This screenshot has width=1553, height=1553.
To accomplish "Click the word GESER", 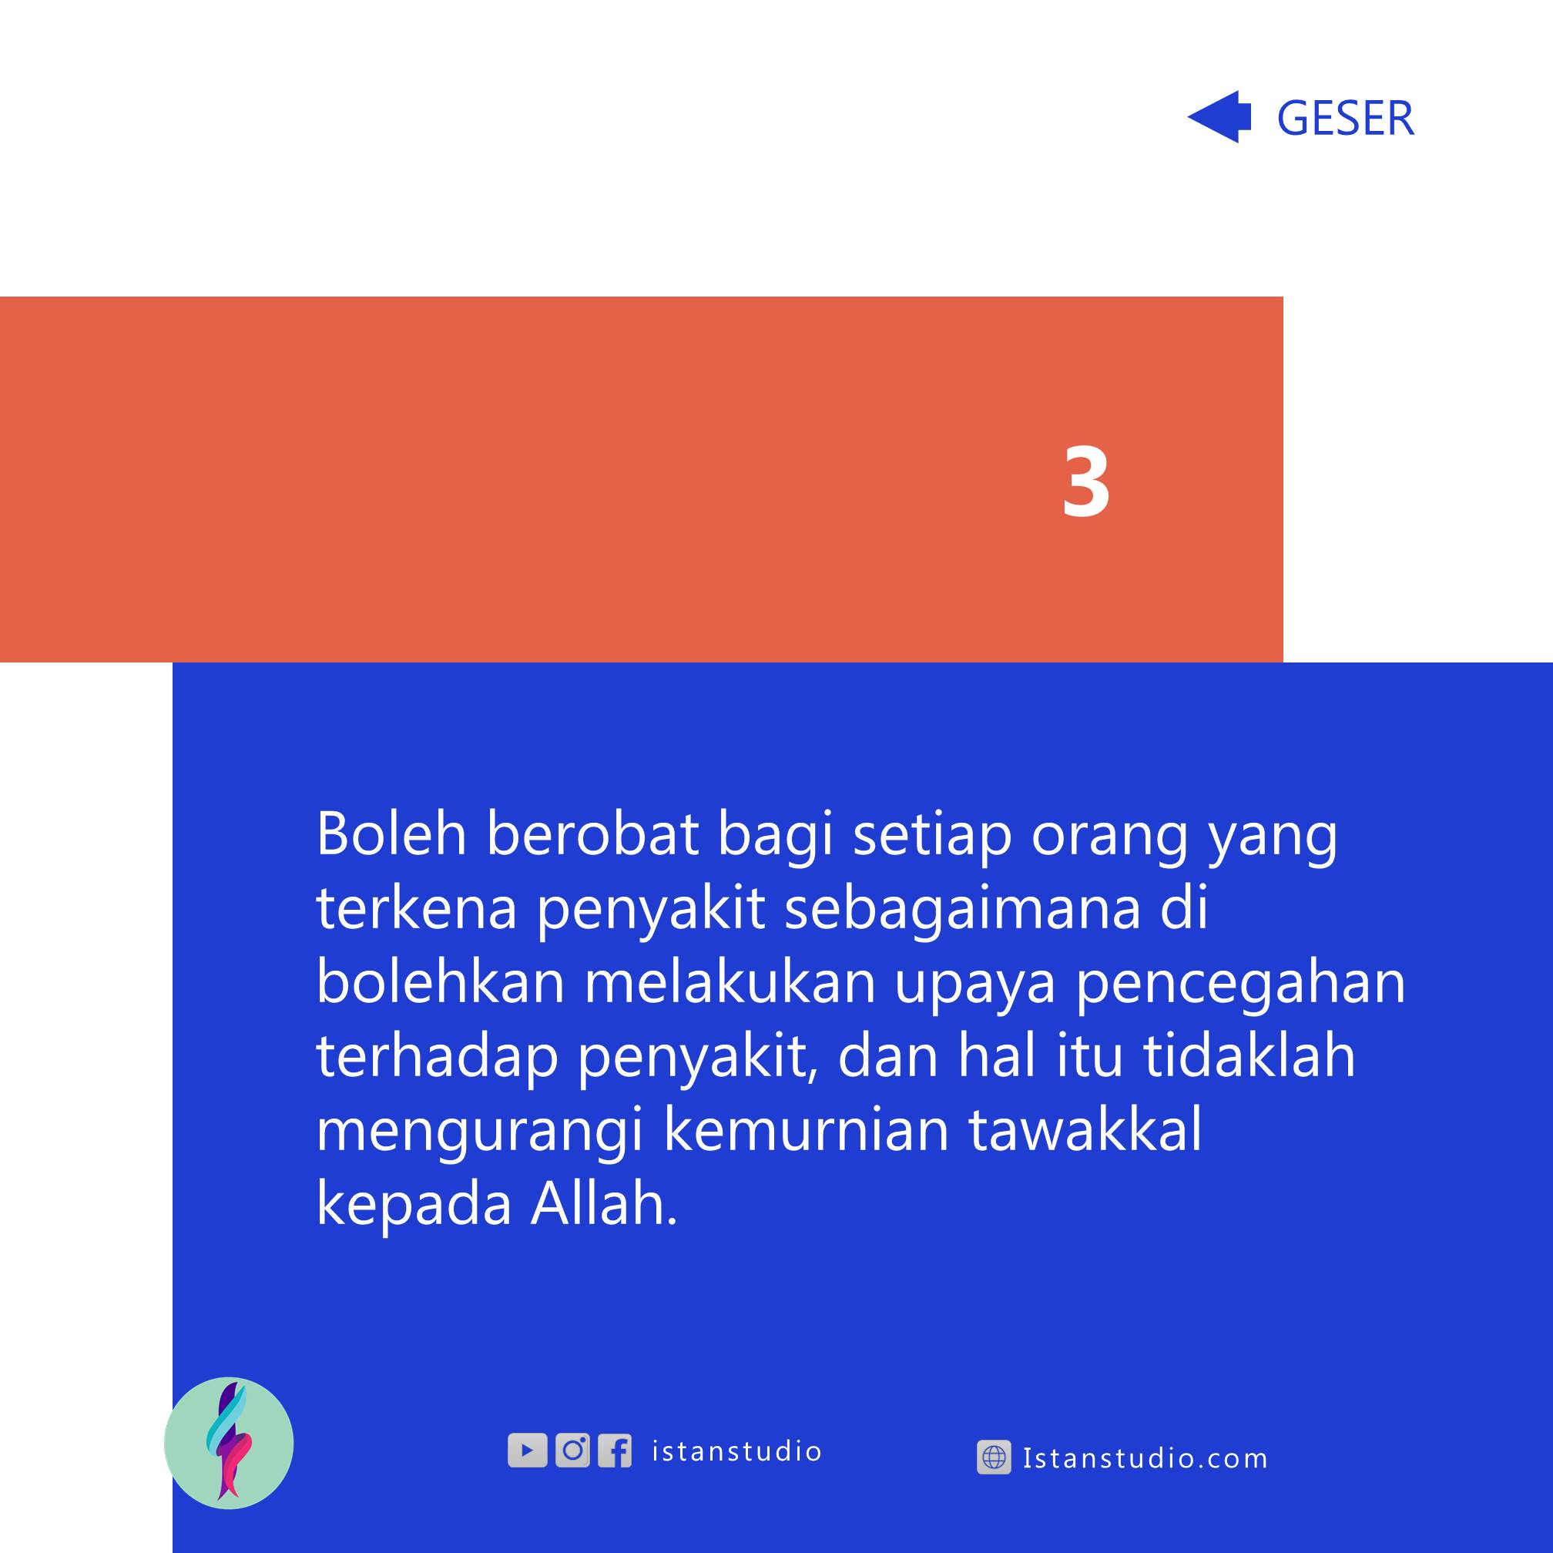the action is [x=1345, y=118].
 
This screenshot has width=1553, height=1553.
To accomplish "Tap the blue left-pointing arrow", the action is [x=1219, y=117].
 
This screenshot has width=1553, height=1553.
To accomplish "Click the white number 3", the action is [x=1086, y=481].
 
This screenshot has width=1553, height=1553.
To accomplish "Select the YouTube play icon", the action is [x=528, y=1450].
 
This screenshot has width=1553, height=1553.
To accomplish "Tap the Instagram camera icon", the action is [x=572, y=1450].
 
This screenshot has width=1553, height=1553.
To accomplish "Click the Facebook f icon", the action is [x=615, y=1450].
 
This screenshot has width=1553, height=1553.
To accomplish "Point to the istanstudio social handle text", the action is [x=736, y=1451].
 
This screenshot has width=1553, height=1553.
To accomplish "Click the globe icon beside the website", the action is [x=994, y=1457].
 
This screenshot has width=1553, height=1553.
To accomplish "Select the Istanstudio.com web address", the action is [x=1145, y=1457].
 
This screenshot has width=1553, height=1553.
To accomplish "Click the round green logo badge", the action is [x=229, y=1443].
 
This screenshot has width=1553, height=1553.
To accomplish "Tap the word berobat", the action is [x=592, y=834].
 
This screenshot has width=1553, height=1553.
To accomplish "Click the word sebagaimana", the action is [x=963, y=908].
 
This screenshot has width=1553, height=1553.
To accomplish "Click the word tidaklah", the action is [x=1250, y=1055].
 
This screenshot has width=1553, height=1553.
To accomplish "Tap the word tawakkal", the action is [x=1085, y=1129].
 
